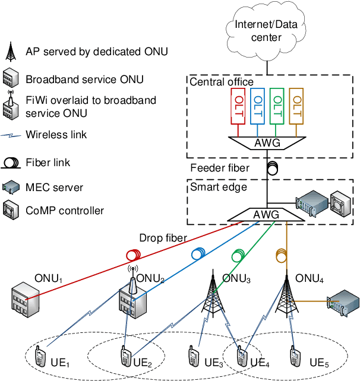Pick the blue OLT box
tap(257, 106)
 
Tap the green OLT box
tap(276, 106)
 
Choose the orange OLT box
tap(295, 106)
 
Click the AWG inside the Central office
tap(267, 144)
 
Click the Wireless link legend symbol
tap(11, 135)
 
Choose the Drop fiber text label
tap(163, 238)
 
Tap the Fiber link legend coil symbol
tap(11, 162)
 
